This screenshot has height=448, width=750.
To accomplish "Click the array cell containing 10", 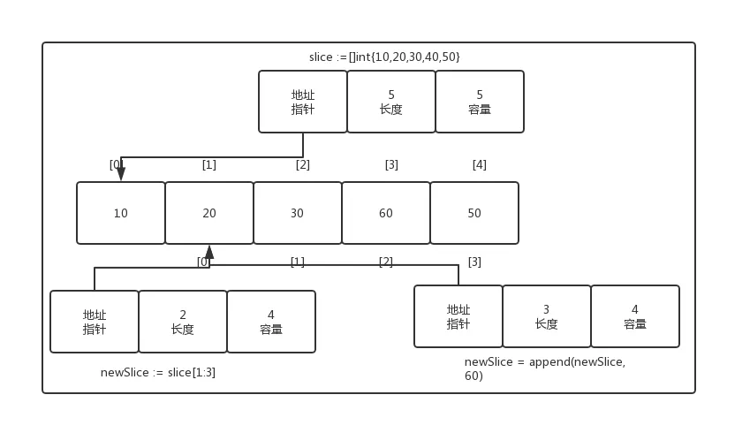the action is pyautogui.click(x=121, y=213).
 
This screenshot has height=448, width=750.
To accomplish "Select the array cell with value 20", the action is pyautogui.click(x=209, y=213).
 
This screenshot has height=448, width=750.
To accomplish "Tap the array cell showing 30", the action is pyautogui.click(x=298, y=213).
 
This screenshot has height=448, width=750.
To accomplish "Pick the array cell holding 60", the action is pyautogui.click(x=386, y=213).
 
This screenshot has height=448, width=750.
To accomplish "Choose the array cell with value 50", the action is pyautogui.click(x=474, y=213).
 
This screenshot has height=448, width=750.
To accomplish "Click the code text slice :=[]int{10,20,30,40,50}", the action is pyautogui.click(x=384, y=57).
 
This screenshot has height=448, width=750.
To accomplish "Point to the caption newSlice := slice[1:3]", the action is pyautogui.click(x=158, y=372).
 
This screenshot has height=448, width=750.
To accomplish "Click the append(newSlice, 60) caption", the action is pyautogui.click(x=545, y=368).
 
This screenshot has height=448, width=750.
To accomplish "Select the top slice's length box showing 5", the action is pyautogui.click(x=391, y=102).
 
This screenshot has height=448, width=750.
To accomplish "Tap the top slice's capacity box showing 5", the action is pyautogui.click(x=480, y=102).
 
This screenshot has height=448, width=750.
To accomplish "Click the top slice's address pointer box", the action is pyautogui.click(x=303, y=102).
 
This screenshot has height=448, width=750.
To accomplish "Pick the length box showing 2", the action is pyautogui.click(x=183, y=322).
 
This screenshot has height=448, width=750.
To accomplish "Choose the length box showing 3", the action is pyautogui.click(x=547, y=316).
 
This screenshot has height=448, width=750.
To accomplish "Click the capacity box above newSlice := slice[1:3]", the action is pyautogui.click(x=271, y=322).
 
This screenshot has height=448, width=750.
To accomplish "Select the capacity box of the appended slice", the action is pyautogui.click(x=635, y=316).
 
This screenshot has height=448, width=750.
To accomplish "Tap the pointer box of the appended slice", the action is pyautogui.click(x=458, y=316).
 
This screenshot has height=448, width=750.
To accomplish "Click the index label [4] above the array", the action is pyautogui.click(x=480, y=164).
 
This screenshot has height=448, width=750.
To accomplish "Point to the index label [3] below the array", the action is pyautogui.click(x=474, y=262).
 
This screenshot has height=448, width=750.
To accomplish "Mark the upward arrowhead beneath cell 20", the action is pyautogui.click(x=209, y=252).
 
